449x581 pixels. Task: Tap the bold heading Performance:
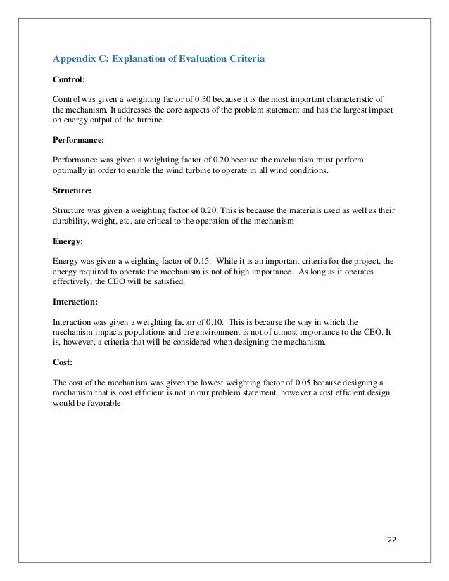point(77,141)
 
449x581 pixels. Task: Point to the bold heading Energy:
point(68,241)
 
